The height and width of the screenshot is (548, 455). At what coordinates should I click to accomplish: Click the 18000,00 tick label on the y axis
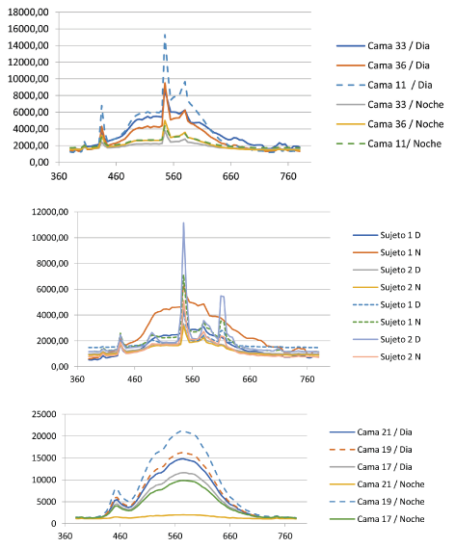point(28,12)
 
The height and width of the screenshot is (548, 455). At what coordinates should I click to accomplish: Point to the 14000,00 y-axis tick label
point(28,45)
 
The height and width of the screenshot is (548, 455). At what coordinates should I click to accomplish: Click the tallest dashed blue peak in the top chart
point(165,35)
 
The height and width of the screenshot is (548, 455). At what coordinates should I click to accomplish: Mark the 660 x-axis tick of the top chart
point(230,176)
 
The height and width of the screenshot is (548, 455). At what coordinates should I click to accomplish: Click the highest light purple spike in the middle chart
point(183,223)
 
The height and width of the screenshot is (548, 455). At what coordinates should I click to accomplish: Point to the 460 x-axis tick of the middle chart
point(135,379)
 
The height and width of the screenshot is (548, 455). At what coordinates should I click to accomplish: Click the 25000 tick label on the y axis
point(43,414)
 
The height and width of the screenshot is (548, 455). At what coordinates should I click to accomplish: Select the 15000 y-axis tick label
point(43,458)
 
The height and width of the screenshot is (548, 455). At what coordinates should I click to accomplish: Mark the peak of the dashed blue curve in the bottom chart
point(181,431)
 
